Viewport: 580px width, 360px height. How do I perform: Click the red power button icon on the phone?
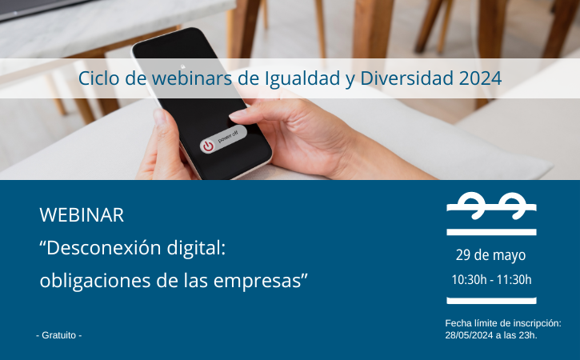coord(208,146)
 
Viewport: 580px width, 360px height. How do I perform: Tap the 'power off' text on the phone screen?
coord(227,137)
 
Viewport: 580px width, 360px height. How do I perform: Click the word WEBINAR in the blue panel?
coord(82,215)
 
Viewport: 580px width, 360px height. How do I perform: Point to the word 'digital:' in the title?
coord(196,247)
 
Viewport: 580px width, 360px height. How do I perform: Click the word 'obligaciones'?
coord(95,281)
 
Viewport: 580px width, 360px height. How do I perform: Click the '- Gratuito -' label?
coord(59,335)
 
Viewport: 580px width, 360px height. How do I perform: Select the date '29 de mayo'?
coord(490,255)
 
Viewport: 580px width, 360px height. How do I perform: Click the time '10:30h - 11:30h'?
coord(491,280)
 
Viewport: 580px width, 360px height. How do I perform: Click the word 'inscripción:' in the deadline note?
coord(539,323)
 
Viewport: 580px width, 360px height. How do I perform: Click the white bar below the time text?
coord(491,301)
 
